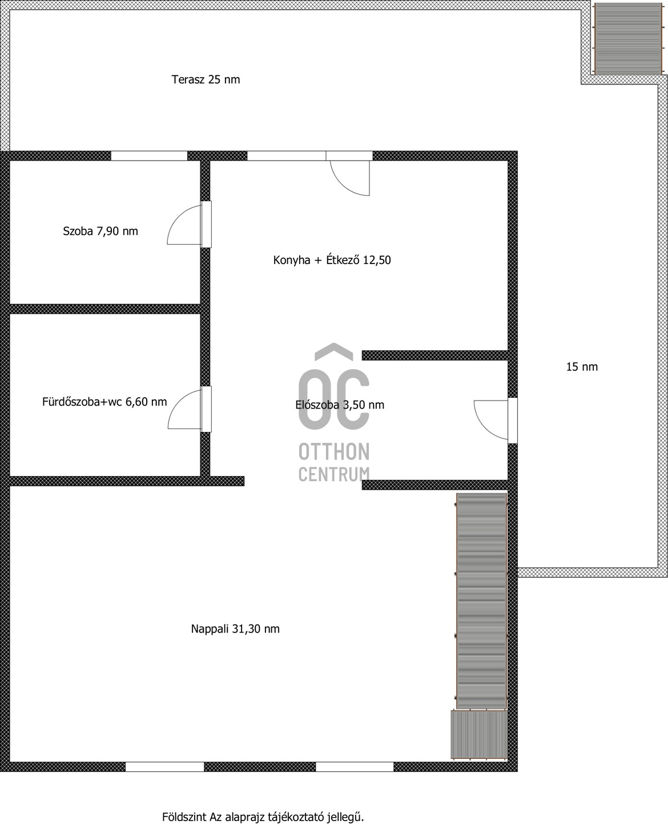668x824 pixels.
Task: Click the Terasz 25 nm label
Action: click(206, 79)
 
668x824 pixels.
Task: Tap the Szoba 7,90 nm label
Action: click(100, 231)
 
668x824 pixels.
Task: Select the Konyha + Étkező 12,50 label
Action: click(332, 261)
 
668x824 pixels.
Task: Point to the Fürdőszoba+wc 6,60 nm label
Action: click(104, 402)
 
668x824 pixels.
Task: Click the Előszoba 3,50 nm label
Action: click(340, 405)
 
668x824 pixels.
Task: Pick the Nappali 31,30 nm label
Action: click(235, 629)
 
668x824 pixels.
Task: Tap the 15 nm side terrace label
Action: click(582, 367)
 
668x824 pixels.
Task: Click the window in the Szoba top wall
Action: click(149, 155)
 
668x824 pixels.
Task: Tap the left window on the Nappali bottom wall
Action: click(164, 767)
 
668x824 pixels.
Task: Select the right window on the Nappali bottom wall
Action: click(355, 767)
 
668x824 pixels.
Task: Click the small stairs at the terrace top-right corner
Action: click(628, 38)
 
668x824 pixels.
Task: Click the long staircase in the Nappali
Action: click(481, 600)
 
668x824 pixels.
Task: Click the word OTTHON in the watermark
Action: click(334, 452)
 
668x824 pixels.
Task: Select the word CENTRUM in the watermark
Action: click(334, 474)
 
